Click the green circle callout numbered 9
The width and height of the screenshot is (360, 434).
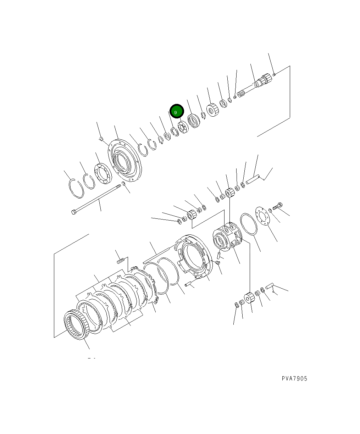(x=177, y=111)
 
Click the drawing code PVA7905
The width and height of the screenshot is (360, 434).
(x=294, y=378)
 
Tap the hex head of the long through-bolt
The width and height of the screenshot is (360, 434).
(x=73, y=212)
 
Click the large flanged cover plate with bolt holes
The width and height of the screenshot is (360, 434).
(x=125, y=160)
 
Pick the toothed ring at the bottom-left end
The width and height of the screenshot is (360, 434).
(x=77, y=324)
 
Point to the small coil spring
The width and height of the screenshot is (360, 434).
(x=121, y=261)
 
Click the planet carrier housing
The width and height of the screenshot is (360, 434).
(x=227, y=237)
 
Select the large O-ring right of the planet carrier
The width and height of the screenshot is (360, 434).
(x=249, y=224)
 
